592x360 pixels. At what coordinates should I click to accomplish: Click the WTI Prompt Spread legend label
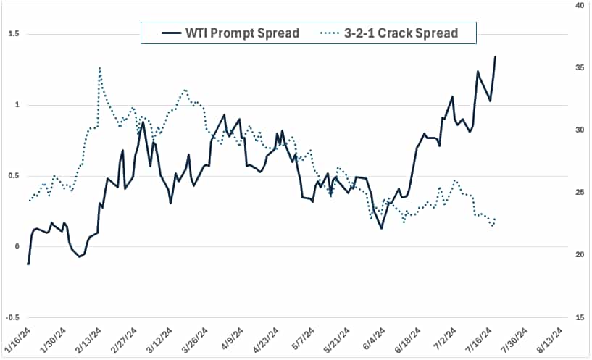241,33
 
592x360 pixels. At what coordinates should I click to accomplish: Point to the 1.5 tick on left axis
14,34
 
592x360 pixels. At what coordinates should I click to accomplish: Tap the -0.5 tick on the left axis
12,317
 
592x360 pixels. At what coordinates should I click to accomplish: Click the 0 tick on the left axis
16,246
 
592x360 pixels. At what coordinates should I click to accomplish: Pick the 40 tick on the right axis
580,5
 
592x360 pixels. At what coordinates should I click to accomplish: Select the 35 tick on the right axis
580,67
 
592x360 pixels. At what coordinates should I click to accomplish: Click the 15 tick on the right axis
580,317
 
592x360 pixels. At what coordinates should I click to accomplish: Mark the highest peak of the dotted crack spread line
99,68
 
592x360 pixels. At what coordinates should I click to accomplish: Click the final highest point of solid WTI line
495,56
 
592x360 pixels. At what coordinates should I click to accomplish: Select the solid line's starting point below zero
28,264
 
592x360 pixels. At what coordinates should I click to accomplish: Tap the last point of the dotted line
495,219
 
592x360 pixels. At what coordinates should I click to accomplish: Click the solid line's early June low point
381,228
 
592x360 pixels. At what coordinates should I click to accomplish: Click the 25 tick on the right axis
580,193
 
